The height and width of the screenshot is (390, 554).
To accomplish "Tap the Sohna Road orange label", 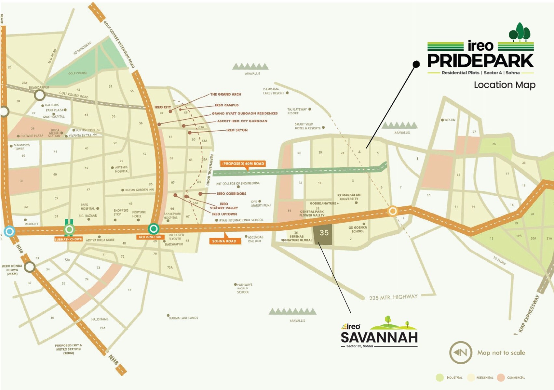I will point(224,241).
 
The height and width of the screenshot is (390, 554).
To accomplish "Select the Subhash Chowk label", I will point(68,239).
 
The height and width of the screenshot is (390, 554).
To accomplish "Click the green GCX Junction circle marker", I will point(154,229).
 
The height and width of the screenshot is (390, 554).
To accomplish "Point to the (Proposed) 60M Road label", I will point(243,164).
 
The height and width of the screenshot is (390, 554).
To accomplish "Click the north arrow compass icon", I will point(461,353).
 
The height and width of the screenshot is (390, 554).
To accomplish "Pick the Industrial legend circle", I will point(440,378).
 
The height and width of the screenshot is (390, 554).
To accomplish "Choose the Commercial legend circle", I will point(501,378).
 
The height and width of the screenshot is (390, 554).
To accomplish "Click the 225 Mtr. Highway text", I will point(393,297).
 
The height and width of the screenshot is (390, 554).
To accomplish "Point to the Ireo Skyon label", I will point(237,130).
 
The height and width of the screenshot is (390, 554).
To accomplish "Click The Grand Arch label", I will point(225,94).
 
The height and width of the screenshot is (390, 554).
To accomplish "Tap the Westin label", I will point(450,120).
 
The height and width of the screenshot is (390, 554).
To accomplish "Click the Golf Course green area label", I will point(77,73).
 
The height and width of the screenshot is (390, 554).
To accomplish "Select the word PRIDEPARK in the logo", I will point(480,61).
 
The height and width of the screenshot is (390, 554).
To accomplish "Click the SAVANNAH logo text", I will point(379,338).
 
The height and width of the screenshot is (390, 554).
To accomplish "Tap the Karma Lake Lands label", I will point(183,318).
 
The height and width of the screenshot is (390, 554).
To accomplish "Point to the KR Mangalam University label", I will point(349,197).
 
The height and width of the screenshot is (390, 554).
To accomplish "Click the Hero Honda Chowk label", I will point(12,270).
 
